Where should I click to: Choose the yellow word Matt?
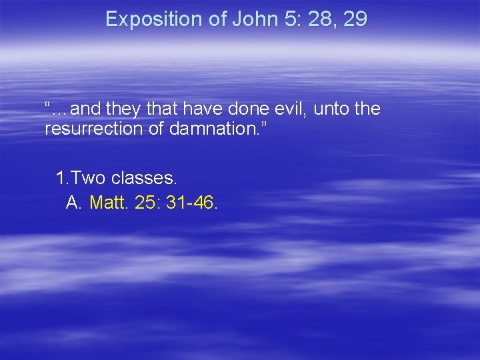[109, 202]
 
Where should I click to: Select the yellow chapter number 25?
[147, 202]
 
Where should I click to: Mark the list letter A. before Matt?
[74, 202]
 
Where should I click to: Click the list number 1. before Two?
[63, 178]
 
